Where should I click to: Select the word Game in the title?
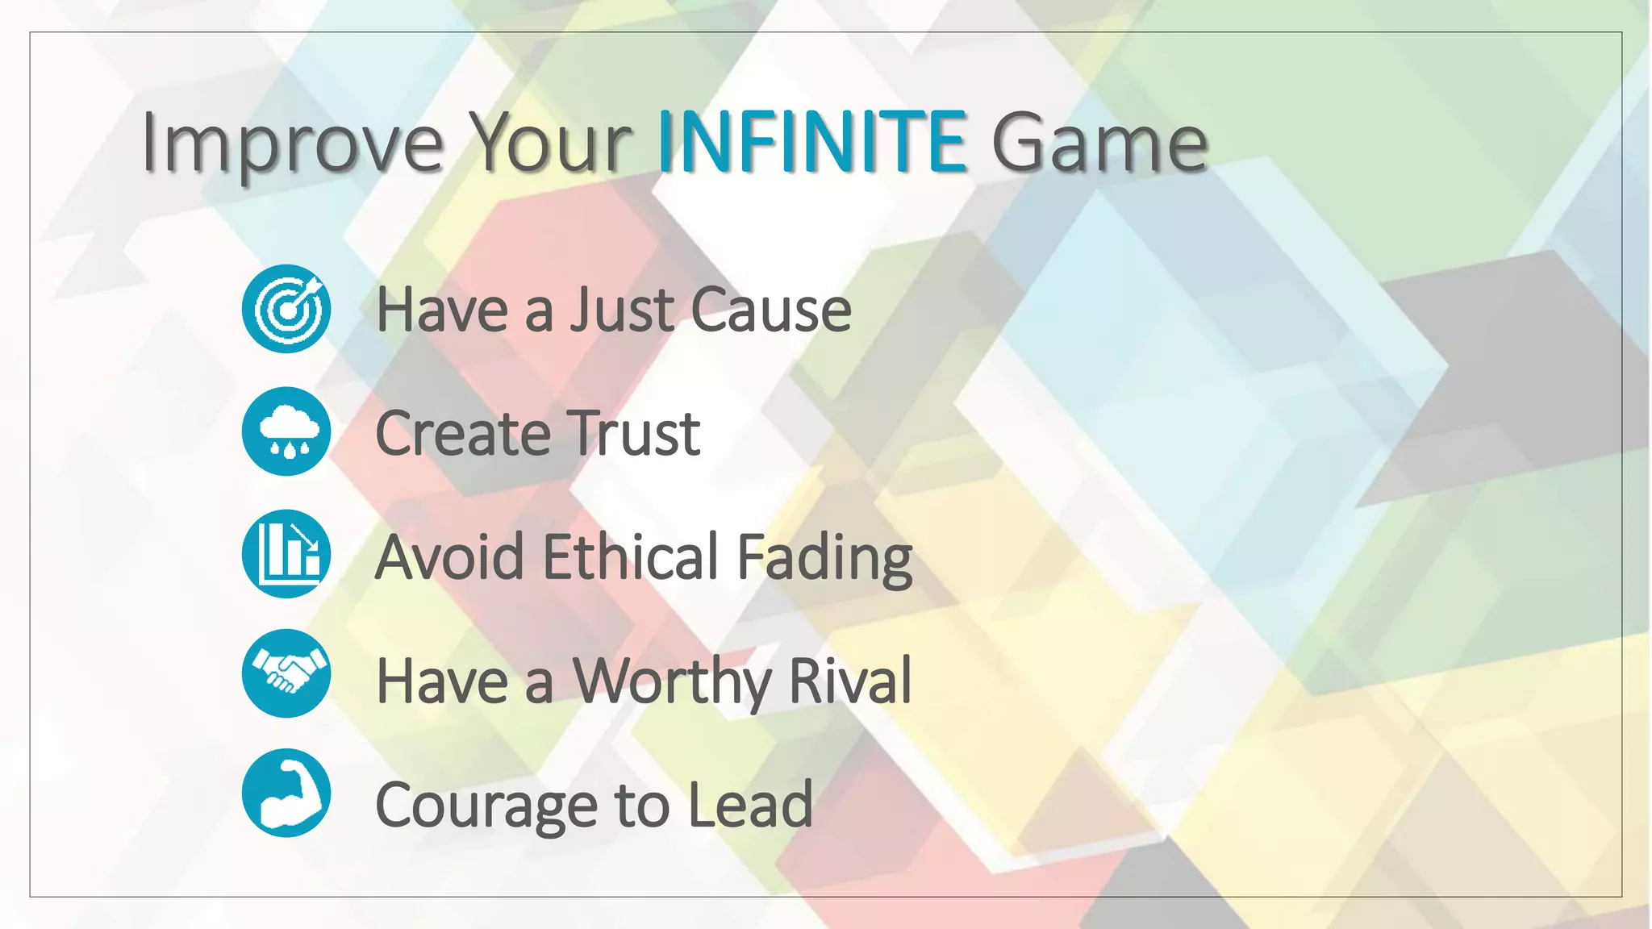coord(1099,144)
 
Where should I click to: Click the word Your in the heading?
coord(550,144)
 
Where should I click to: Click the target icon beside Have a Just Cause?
coord(286,309)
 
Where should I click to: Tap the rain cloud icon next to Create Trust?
coord(286,431)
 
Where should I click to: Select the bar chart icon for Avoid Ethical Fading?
coord(286,554)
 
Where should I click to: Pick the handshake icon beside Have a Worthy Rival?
coord(286,673)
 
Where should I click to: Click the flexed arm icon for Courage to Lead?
coord(286,794)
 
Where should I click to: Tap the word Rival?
coord(849,681)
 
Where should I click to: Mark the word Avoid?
coord(450,556)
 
